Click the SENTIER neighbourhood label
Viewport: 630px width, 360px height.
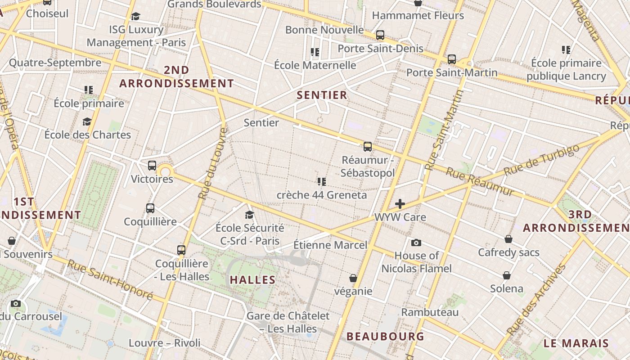pos(322,95)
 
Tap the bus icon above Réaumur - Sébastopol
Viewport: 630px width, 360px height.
pos(368,146)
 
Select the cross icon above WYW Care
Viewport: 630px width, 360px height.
pos(400,204)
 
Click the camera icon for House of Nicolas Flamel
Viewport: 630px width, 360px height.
pos(416,243)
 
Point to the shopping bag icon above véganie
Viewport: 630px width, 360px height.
pos(353,278)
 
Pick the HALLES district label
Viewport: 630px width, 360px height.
pos(252,280)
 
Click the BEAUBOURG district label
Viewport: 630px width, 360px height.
pos(385,336)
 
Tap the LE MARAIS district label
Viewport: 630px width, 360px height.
pos(576,343)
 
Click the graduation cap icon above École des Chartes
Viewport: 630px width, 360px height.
pos(87,121)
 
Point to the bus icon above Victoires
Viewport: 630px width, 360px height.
pos(152,165)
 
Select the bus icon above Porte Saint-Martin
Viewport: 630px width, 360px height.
pos(452,59)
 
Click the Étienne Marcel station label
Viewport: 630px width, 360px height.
pos(330,245)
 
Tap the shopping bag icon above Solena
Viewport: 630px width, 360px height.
pos(507,275)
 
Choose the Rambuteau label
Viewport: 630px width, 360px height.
pos(430,312)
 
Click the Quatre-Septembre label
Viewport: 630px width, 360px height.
pos(55,63)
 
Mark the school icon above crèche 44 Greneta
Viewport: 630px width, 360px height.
pos(321,182)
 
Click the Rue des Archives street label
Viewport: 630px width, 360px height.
pos(536,300)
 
